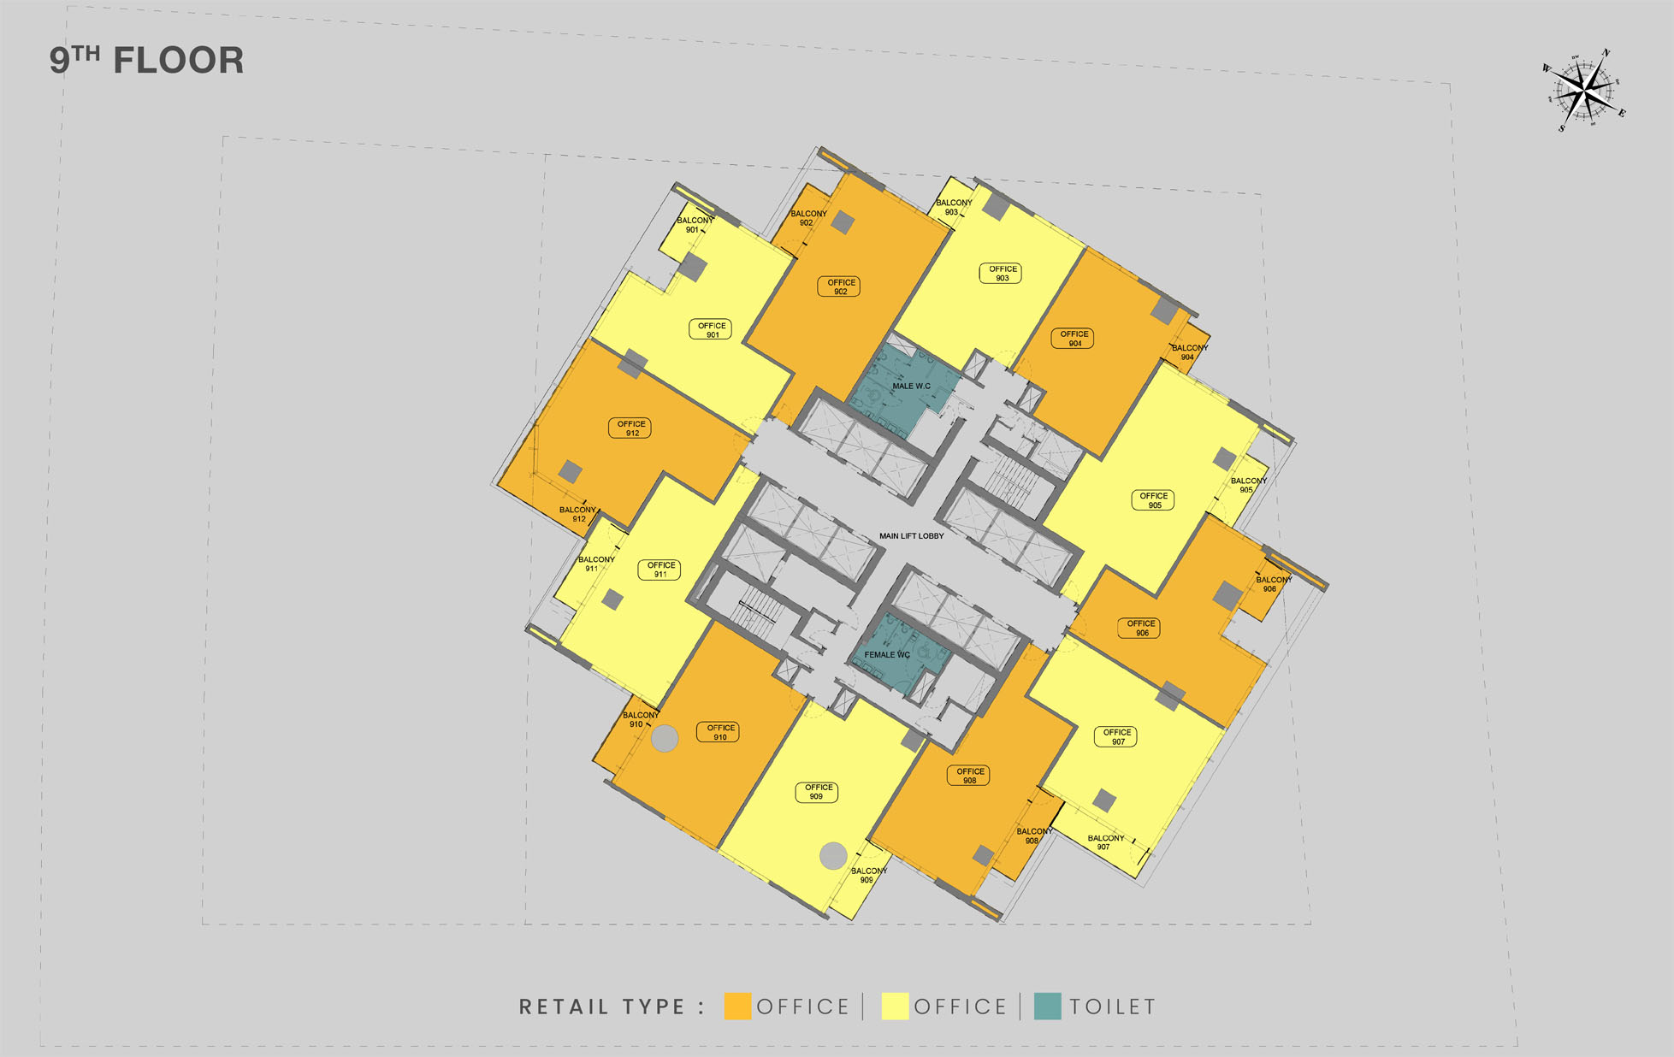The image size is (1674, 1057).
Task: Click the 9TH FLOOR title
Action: (x=146, y=61)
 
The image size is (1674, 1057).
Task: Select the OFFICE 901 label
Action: (x=711, y=330)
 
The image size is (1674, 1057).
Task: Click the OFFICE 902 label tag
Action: (x=840, y=287)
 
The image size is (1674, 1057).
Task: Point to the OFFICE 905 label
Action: (x=1153, y=500)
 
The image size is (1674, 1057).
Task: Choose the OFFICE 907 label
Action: (x=1116, y=737)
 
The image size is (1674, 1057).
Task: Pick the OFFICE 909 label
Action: (x=817, y=792)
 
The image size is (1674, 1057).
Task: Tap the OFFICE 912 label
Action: (x=630, y=428)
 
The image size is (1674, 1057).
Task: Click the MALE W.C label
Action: (x=911, y=387)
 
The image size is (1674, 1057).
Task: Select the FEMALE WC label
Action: (x=887, y=655)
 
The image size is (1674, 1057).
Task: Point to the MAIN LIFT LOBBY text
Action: (x=911, y=536)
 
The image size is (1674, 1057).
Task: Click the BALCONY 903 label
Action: (x=953, y=208)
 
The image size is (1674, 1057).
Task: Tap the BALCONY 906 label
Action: (x=1272, y=584)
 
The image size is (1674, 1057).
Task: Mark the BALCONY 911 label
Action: (x=595, y=564)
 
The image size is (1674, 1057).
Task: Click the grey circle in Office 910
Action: (x=665, y=738)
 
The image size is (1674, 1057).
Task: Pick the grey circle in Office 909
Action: (x=833, y=854)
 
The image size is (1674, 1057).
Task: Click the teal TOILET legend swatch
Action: (x=1047, y=1007)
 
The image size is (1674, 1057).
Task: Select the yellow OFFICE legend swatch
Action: (x=895, y=1007)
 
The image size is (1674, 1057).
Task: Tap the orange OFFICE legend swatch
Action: (x=737, y=1007)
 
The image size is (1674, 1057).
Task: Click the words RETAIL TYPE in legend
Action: (x=602, y=1007)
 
